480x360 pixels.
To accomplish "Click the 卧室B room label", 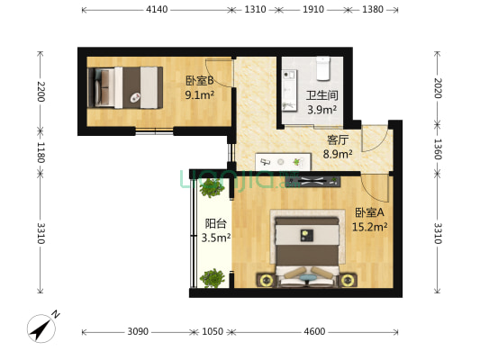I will (x=199, y=80).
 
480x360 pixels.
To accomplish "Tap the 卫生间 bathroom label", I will (x=322, y=96).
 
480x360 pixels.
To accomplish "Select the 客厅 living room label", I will (x=338, y=139).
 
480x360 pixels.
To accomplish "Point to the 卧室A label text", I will (x=369, y=212).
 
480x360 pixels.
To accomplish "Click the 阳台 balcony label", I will (x=215, y=224).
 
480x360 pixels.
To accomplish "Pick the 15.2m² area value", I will (x=369, y=227).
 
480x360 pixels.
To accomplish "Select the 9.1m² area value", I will (x=199, y=94).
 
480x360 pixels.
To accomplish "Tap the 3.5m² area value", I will (x=215, y=238).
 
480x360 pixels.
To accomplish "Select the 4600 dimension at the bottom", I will (x=314, y=331).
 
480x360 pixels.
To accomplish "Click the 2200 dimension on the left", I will (x=40, y=90).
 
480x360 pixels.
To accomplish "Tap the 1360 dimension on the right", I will (x=438, y=148).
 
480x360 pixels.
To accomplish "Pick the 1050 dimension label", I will (x=212, y=331).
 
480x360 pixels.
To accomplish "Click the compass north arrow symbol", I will (x=41, y=328).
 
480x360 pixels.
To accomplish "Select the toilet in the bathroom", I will (x=324, y=67).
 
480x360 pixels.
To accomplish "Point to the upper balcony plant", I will (x=212, y=187).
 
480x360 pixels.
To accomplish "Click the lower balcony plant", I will (x=212, y=278).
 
